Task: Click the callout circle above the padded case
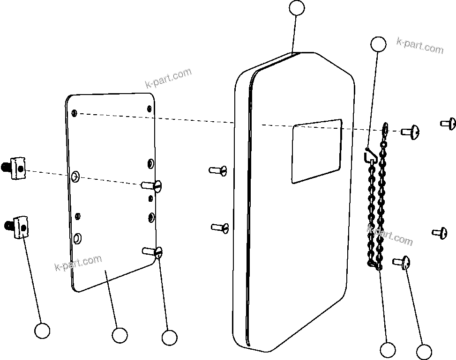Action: coord(297,8)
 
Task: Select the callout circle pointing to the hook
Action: coord(378,44)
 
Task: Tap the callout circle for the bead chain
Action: coord(388,350)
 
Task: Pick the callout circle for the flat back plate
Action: coord(120,335)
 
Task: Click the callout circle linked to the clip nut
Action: coord(42,331)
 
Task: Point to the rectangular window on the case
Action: coord(316,151)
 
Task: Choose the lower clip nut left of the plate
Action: coord(18,227)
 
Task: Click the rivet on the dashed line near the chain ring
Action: coord(410,132)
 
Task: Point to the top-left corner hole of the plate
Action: coord(75,113)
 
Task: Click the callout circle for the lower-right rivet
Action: coord(424,352)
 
